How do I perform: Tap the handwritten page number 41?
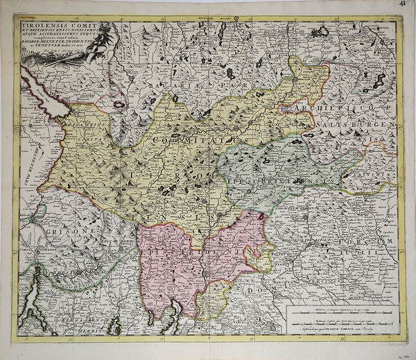click(x=402, y=5)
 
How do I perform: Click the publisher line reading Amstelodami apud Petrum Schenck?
click(x=340, y=331)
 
